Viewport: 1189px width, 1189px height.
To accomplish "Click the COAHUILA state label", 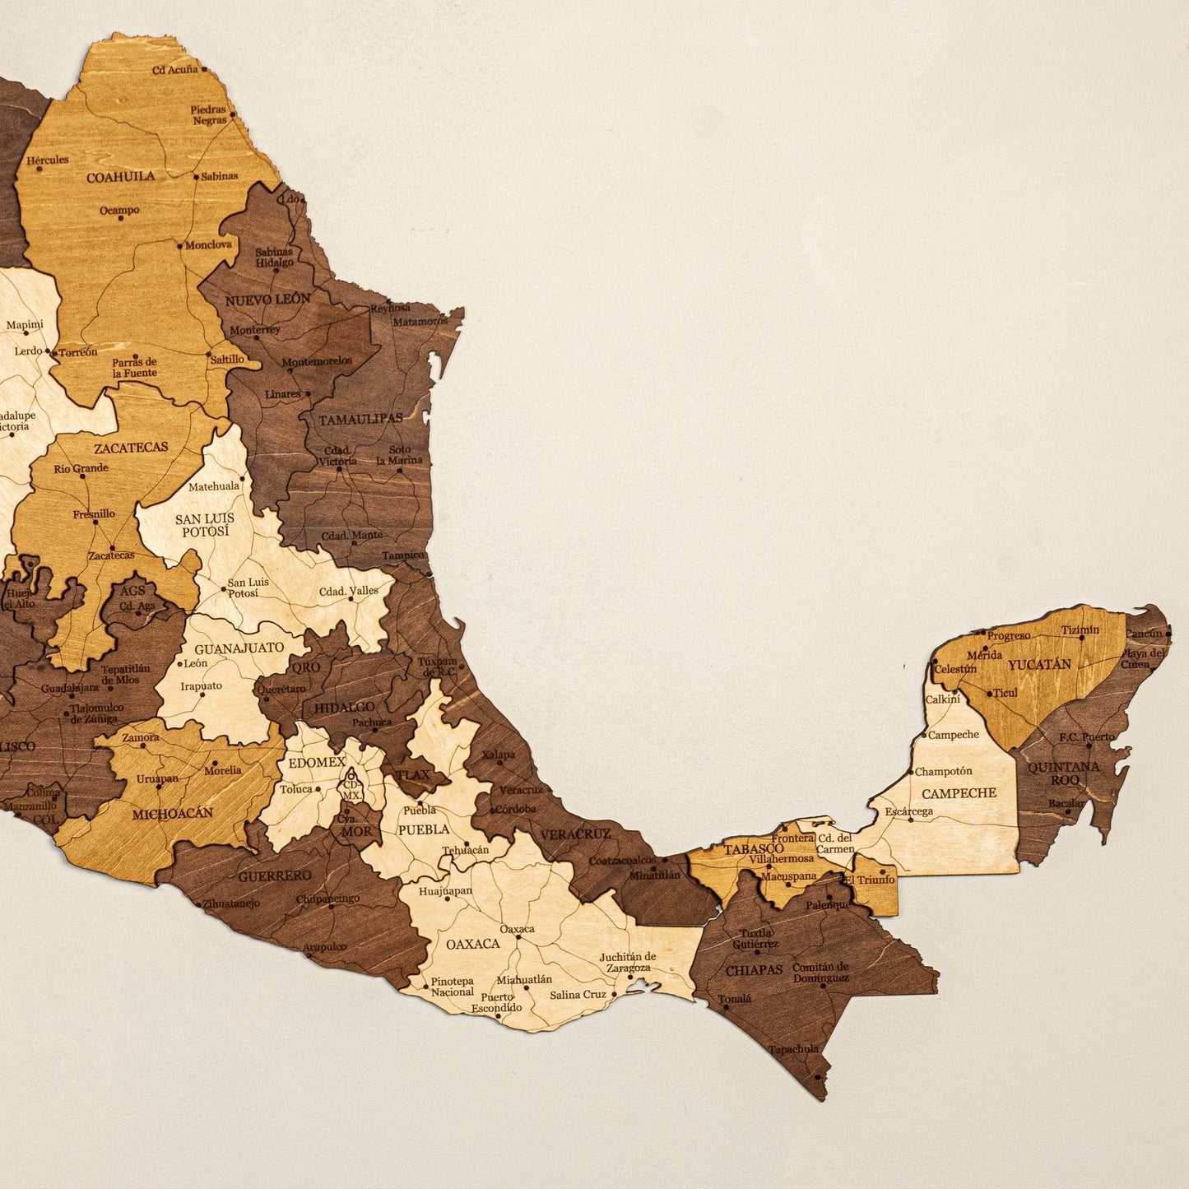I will (120, 176).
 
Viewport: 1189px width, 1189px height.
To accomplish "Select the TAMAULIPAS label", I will (360, 419).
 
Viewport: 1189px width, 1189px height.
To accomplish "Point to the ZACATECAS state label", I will (131, 448).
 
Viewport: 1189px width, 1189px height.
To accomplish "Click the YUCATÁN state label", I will (1039, 664).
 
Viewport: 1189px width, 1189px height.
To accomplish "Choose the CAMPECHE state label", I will (959, 793).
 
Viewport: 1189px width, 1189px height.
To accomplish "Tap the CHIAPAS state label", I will (754, 970).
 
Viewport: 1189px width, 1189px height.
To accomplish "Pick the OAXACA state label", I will (472, 943).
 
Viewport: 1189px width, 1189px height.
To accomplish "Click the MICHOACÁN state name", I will (172, 813).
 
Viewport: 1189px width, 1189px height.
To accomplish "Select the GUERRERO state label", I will (275, 876).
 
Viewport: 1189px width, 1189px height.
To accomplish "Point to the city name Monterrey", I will (255, 330).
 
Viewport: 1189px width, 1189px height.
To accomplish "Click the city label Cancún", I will (1144, 634).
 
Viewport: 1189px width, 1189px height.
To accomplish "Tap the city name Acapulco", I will (324, 947).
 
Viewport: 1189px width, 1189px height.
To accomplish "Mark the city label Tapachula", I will (793, 1049).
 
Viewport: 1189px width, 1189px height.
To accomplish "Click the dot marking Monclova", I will (179, 244).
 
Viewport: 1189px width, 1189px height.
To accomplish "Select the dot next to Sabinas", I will (196, 176).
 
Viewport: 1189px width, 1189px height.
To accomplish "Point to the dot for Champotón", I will (911, 773).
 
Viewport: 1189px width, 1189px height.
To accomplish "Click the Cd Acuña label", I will (174, 70).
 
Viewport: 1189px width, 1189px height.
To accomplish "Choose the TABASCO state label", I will (754, 848).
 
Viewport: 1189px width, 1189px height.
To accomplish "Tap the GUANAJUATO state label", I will (239, 648).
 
